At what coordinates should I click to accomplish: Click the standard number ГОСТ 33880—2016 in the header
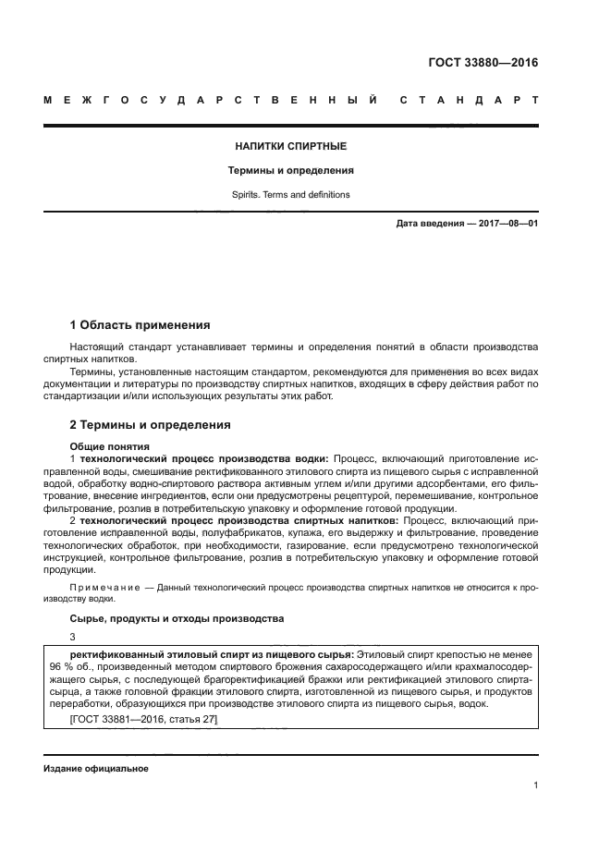(483, 63)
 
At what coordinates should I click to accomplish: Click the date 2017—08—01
(506, 225)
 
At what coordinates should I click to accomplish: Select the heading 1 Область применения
(141, 325)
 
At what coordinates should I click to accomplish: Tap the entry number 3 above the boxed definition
(73, 637)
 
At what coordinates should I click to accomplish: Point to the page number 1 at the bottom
(535, 785)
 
